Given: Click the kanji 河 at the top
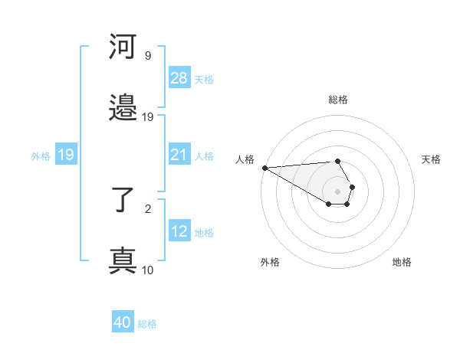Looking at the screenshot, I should coord(123,48).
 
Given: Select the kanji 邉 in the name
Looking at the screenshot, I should coord(123,110).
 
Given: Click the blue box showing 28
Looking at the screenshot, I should coord(179,78).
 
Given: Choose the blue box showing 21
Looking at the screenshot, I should coord(179,155).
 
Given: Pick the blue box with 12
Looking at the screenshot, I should coord(179,232).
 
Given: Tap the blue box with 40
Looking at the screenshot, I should coord(123,323).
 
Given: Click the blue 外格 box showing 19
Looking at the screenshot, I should coord(66,155).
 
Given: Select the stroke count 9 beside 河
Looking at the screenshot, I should coord(147,56).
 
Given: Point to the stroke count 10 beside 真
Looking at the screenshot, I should coord(147,270).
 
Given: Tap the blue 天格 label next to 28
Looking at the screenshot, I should coord(204,79).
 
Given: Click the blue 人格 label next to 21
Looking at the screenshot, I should coord(204,156).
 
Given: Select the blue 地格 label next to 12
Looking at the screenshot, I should coord(204,233).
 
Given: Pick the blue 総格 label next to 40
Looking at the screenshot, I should coord(147,324).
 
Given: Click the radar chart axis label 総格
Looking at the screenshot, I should coord(338,100).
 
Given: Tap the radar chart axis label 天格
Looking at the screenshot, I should coord(431,159).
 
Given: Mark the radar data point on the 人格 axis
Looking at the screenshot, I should coord(264,168).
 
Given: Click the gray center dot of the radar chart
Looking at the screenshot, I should coord(338,191).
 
